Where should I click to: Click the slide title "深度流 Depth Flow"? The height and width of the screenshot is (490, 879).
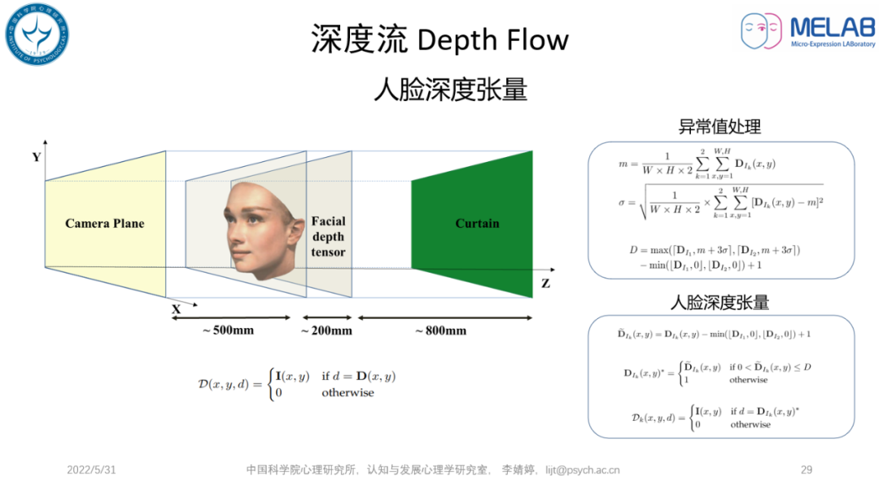[x=439, y=39]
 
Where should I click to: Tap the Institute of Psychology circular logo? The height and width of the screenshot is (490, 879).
[x=37, y=34]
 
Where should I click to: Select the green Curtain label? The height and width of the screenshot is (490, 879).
[x=477, y=223]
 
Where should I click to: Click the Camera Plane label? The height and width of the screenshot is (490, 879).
[x=104, y=223]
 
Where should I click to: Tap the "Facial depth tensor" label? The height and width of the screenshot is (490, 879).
[x=328, y=236]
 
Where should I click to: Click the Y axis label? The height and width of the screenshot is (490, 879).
[x=37, y=157]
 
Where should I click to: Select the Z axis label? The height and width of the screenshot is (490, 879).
[x=545, y=283]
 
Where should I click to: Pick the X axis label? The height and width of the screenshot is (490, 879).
[x=176, y=309]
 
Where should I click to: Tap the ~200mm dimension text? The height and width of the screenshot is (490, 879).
[x=326, y=330]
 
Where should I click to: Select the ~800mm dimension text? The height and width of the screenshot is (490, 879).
[x=440, y=330]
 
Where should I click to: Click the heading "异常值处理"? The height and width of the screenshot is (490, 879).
[x=719, y=127]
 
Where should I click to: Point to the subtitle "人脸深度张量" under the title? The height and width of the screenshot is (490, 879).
[x=450, y=89]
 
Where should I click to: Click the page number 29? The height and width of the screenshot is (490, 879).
[x=807, y=470]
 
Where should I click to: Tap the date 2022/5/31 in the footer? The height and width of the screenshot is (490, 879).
[x=91, y=470]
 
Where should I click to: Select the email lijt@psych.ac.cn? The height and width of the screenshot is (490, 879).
[x=582, y=470]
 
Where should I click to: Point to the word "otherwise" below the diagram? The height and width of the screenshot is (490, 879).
[x=348, y=392]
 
